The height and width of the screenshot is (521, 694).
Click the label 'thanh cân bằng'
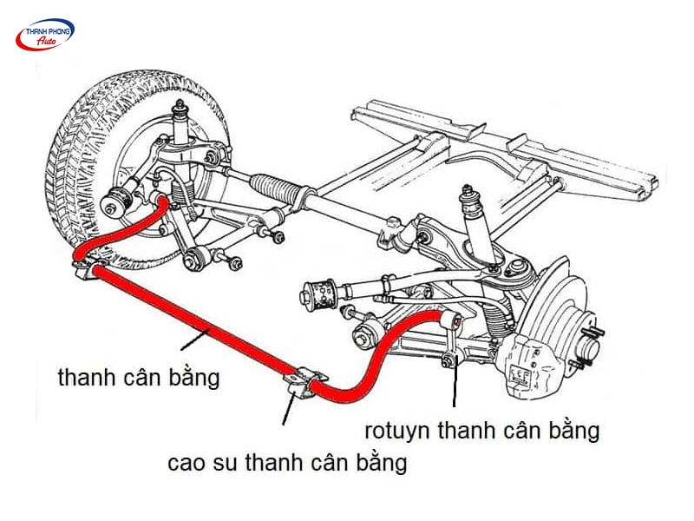click(x=138, y=379)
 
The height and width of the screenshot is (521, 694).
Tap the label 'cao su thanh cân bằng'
click(x=287, y=462)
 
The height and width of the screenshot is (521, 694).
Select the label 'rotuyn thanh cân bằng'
click(x=482, y=429)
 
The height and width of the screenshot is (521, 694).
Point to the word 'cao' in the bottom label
click(x=186, y=463)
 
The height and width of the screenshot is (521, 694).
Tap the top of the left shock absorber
click(x=180, y=109)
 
